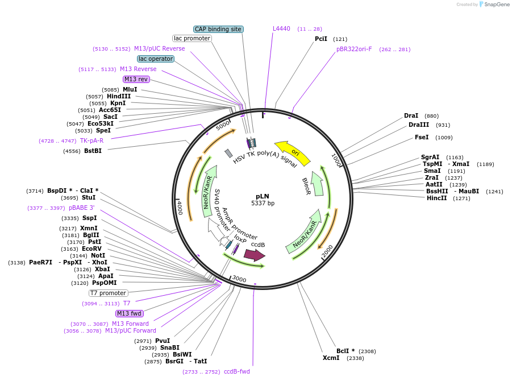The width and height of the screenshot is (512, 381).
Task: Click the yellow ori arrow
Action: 293,153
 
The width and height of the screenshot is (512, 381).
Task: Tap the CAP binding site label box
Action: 218,29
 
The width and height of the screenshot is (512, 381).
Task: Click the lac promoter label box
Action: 192,39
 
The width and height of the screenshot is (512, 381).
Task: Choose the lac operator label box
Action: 155,59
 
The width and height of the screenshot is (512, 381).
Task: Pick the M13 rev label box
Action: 136,79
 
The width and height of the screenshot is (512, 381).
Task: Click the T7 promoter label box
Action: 108,293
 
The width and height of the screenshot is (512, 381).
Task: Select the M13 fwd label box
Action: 130,313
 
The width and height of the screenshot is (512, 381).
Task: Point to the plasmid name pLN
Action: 263,196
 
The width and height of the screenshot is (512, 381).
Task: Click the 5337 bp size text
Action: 263,203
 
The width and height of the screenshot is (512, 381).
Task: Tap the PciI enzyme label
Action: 321,39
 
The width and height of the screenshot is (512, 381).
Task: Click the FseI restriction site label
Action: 422,137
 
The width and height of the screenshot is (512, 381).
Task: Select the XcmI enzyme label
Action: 331,358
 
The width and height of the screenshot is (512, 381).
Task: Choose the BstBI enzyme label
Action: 93,151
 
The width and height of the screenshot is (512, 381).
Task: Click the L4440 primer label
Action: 281,28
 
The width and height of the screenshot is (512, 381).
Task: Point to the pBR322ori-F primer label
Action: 354,49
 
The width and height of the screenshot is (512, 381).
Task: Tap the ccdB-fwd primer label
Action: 236,371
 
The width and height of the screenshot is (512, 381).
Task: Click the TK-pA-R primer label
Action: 91,140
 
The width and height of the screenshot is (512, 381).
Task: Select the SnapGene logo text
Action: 495,4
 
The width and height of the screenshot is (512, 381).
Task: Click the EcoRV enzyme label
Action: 91,249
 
